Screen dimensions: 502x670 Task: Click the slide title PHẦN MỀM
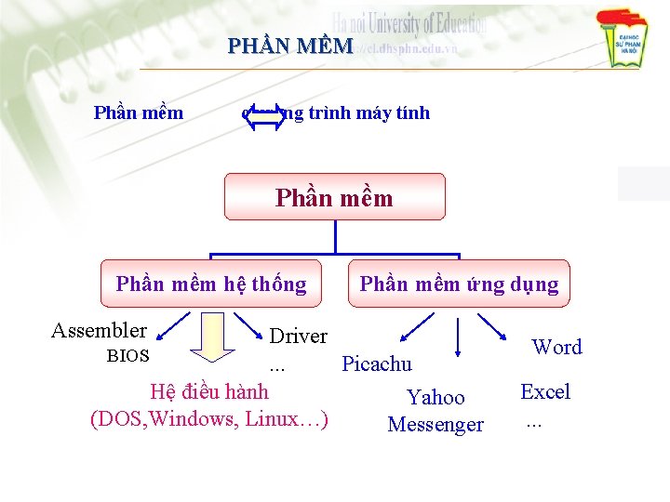pyautogui.click(x=290, y=46)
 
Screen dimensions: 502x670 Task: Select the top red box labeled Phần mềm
pyautogui.click(x=335, y=197)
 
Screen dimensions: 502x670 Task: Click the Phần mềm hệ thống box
pyautogui.click(x=211, y=284)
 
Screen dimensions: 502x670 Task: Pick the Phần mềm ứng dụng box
pyautogui.click(x=460, y=284)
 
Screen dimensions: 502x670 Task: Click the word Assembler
pyautogui.click(x=99, y=330)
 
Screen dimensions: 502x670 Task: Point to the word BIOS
pyautogui.click(x=127, y=355)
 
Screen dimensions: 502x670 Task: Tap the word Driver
pyautogui.click(x=298, y=336)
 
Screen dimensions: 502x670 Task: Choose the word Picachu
pyautogui.click(x=377, y=363)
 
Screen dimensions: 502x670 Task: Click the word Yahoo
pyautogui.click(x=435, y=398)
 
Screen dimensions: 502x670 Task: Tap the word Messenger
pyautogui.click(x=435, y=425)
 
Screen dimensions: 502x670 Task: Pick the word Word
pyautogui.click(x=556, y=347)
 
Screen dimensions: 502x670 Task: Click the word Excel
pyautogui.click(x=545, y=391)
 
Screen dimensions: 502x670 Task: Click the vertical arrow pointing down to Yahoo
pyautogui.click(x=458, y=337)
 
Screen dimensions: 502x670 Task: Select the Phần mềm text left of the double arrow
pyautogui.click(x=139, y=113)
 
